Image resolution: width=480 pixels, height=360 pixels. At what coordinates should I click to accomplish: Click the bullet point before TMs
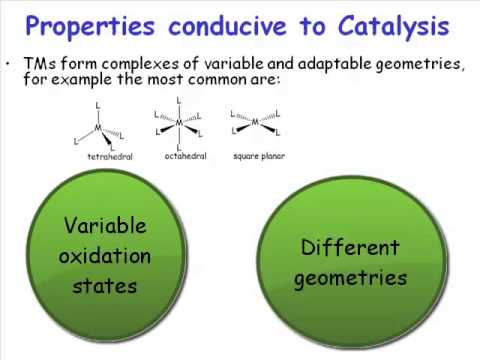(10, 63)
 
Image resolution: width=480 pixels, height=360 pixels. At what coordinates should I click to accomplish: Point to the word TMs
(39, 63)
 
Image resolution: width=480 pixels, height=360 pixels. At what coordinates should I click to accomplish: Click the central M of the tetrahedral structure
(99, 126)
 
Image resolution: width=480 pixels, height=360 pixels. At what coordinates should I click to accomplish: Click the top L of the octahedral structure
(179, 100)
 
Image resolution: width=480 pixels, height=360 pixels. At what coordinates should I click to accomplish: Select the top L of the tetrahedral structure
(99, 103)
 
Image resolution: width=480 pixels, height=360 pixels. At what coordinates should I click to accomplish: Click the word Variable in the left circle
(105, 226)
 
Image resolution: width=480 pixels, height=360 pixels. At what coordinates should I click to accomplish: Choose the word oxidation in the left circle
(105, 256)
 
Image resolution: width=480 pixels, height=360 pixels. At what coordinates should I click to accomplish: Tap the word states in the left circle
(105, 286)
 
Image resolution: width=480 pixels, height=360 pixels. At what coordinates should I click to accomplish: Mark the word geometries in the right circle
(349, 277)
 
